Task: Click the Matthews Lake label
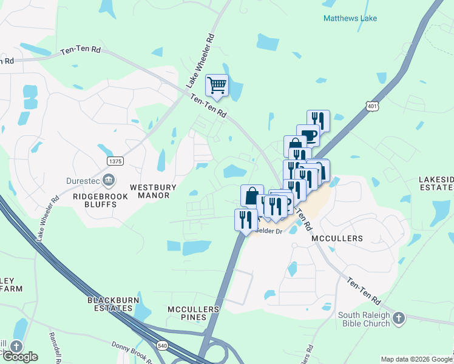click(350, 18)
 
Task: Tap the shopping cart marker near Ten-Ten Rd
click(217, 86)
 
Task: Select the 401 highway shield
click(373, 106)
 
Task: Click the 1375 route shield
click(115, 161)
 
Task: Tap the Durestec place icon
click(109, 180)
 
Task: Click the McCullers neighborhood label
click(337, 239)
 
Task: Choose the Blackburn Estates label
click(110, 304)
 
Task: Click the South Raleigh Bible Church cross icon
click(398, 318)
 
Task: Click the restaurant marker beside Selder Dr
click(246, 220)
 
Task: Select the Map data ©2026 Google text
click(415, 359)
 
